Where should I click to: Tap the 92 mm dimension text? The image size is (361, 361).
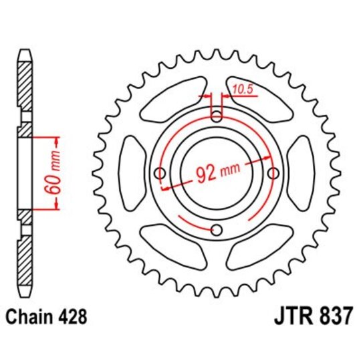coord(216,173)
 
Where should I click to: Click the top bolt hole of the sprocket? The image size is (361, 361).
coord(216,117)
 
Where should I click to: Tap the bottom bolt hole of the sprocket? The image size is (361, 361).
coord(216,231)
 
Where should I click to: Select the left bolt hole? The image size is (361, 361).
coord(159,174)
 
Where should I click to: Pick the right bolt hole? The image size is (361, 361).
coord(273,174)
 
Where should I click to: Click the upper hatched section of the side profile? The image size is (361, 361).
coord(24,87)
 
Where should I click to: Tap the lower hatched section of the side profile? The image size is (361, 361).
coord(24,261)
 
